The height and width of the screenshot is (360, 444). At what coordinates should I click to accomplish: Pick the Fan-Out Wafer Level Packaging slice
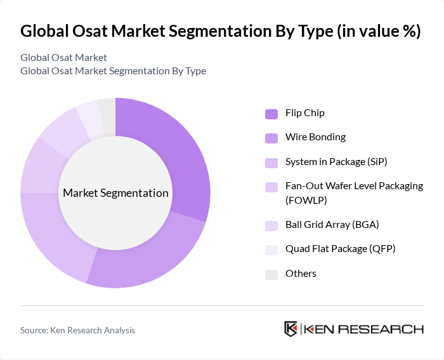(x=38, y=166)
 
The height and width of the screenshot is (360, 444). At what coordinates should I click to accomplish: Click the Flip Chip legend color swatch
(x=271, y=114)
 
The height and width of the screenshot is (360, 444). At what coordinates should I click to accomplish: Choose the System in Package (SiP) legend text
(x=336, y=161)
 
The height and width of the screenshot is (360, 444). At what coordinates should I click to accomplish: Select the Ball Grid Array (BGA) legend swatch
(x=271, y=225)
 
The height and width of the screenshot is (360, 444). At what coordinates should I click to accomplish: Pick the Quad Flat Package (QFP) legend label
(x=340, y=248)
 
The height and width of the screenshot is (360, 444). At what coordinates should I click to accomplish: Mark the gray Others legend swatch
(x=271, y=274)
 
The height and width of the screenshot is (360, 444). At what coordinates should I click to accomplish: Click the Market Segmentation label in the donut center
(x=115, y=193)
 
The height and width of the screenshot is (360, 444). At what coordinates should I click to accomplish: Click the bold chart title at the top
(x=221, y=32)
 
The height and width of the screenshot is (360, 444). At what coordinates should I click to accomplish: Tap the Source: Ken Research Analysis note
(x=78, y=330)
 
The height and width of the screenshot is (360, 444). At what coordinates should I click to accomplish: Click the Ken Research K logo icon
(x=291, y=329)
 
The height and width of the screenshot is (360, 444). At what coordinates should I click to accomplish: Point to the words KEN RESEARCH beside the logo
(x=363, y=329)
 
